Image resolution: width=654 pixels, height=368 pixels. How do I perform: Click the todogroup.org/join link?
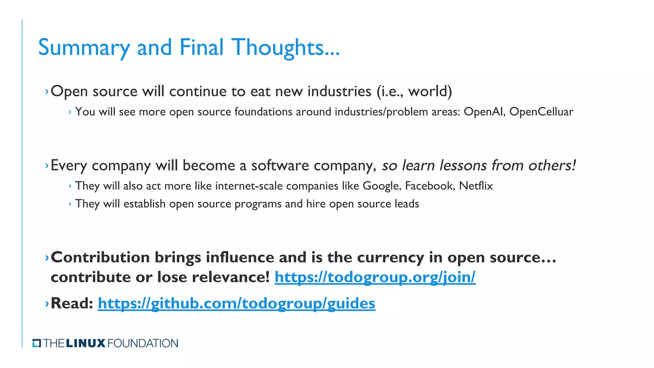point(375,277)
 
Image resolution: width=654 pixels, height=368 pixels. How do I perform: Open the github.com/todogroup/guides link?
point(236,303)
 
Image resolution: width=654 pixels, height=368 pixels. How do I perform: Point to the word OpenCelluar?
point(541,112)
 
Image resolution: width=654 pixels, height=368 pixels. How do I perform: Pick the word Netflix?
point(476,186)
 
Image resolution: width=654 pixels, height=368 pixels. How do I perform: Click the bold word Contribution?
point(100,257)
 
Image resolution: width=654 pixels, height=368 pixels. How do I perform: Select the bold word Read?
point(72,303)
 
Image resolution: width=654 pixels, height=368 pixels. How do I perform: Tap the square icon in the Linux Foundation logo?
point(37,343)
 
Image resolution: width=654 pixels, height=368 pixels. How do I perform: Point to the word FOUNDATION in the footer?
point(143,343)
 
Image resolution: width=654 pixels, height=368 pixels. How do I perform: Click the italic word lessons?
point(463,165)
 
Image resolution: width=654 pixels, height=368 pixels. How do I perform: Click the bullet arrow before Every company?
point(47,165)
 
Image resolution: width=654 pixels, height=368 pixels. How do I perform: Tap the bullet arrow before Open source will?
point(47,92)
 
